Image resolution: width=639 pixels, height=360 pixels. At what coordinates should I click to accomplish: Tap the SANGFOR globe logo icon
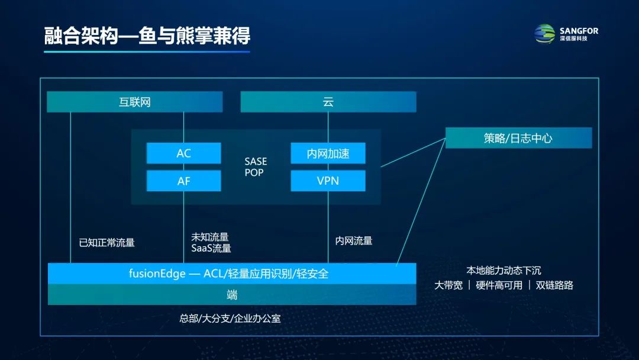pyautogui.click(x=545, y=34)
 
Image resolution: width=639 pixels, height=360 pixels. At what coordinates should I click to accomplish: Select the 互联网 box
pyautogui.click(x=135, y=102)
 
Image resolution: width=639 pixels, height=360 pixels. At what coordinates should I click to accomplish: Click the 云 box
pyautogui.click(x=328, y=102)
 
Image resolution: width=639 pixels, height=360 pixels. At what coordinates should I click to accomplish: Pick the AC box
pyautogui.click(x=183, y=153)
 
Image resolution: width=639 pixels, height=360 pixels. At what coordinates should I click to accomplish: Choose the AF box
pyautogui.click(x=183, y=181)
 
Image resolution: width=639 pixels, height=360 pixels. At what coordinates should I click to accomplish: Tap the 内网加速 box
pyautogui.click(x=328, y=153)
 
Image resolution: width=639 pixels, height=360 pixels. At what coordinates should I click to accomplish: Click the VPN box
pyautogui.click(x=328, y=181)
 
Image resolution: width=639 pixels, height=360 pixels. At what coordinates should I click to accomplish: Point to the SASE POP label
pyautogui.click(x=256, y=167)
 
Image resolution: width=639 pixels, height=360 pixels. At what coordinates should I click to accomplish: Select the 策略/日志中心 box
pyautogui.click(x=518, y=138)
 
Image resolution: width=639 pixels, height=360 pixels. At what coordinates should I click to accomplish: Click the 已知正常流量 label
pyautogui.click(x=107, y=242)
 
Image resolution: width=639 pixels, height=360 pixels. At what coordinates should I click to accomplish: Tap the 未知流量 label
pyautogui.click(x=209, y=237)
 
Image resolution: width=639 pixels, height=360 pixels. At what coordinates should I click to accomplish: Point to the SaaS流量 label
pyautogui.click(x=211, y=248)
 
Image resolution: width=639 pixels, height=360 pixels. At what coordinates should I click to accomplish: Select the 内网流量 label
pyautogui.click(x=354, y=240)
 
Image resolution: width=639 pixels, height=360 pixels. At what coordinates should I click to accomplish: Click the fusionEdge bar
pyautogui.click(x=231, y=274)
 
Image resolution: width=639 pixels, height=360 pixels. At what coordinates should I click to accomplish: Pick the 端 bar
pyautogui.click(x=231, y=295)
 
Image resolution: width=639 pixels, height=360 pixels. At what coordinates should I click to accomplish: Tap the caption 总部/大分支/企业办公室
pyautogui.click(x=230, y=318)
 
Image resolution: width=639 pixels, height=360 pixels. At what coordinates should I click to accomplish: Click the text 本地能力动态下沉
pyautogui.click(x=504, y=271)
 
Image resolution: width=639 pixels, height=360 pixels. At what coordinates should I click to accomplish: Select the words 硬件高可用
pyautogui.click(x=499, y=285)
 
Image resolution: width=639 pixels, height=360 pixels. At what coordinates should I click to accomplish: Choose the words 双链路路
pyautogui.click(x=554, y=285)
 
